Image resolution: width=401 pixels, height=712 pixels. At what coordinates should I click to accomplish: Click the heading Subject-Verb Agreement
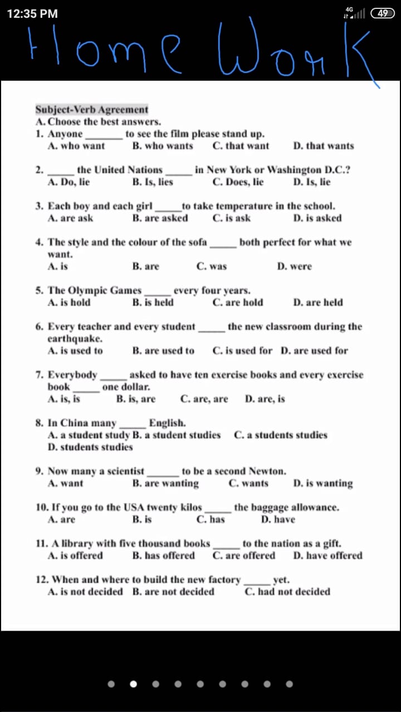(92, 110)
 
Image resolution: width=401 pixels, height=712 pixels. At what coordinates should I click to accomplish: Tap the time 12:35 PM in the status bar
(32, 14)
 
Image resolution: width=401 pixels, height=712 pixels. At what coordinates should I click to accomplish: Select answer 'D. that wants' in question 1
(323, 146)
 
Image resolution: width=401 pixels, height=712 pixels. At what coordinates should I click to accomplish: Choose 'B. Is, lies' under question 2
(153, 182)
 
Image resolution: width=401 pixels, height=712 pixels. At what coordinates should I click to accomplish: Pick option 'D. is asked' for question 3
(317, 218)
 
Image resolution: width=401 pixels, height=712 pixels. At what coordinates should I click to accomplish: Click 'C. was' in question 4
(212, 266)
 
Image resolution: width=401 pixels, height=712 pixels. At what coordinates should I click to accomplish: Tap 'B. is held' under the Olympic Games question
(153, 303)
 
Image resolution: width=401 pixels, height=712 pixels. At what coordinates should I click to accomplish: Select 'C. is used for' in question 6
(242, 351)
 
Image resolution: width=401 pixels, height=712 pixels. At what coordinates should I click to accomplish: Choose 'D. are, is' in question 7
(265, 399)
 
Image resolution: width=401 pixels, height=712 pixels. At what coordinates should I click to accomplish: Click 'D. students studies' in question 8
(90, 447)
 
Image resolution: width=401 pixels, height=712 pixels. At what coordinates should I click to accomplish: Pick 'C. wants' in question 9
(248, 483)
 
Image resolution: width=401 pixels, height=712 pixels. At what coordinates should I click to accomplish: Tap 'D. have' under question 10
(278, 520)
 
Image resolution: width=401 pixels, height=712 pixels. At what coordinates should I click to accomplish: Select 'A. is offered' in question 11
(75, 556)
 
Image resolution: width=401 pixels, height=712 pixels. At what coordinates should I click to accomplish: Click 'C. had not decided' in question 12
(287, 592)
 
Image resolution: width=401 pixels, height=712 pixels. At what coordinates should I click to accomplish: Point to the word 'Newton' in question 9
(266, 471)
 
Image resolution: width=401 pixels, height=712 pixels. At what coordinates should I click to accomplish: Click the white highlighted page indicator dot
(133, 684)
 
